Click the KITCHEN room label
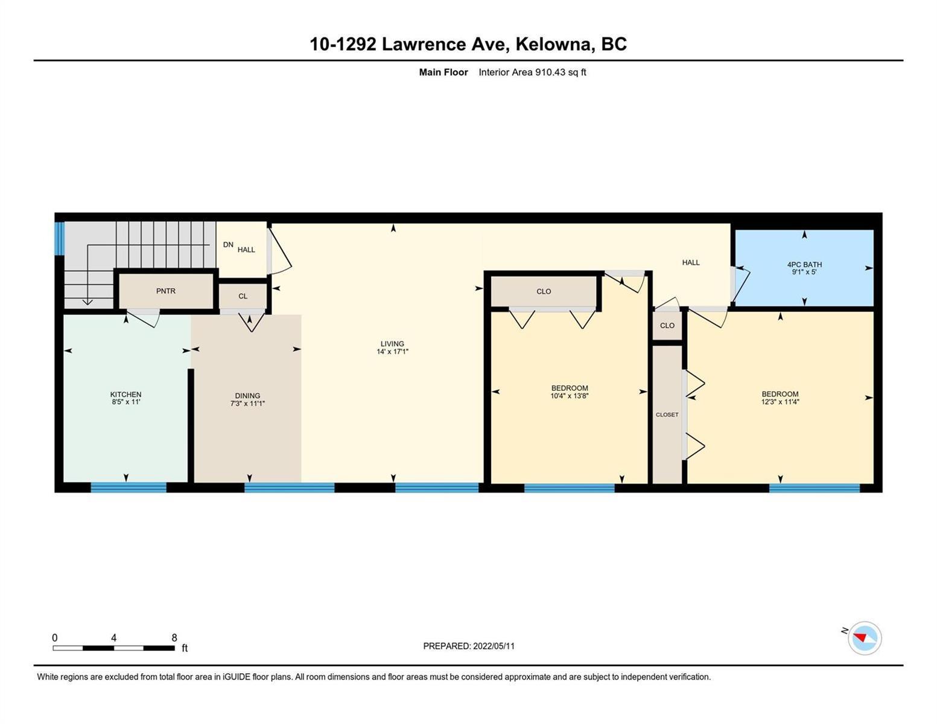pyautogui.click(x=125, y=394)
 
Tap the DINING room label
pyautogui.click(x=247, y=395)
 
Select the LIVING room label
pyautogui.click(x=392, y=344)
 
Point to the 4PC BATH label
pyautogui.click(x=804, y=264)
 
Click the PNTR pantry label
pyautogui.click(x=165, y=291)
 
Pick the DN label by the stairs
pyautogui.click(x=228, y=244)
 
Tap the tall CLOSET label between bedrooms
pyautogui.click(x=667, y=414)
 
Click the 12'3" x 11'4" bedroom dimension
pyautogui.click(x=780, y=401)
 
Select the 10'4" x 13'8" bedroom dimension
pyautogui.click(x=570, y=395)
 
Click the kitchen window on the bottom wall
pyautogui.click(x=129, y=487)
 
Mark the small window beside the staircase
pyautogui.click(x=60, y=238)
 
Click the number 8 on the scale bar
pyautogui.click(x=174, y=638)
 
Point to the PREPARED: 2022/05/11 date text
pyautogui.click(x=469, y=646)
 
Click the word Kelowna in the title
pyautogui.click(x=553, y=44)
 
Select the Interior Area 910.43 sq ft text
pyautogui.click(x=532, y=72)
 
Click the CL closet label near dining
pyautogui.click(x=243, y=296)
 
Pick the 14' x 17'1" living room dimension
pyautogui.click(x=392, y=351)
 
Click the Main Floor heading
pyautogui.click(x=443, y=72)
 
